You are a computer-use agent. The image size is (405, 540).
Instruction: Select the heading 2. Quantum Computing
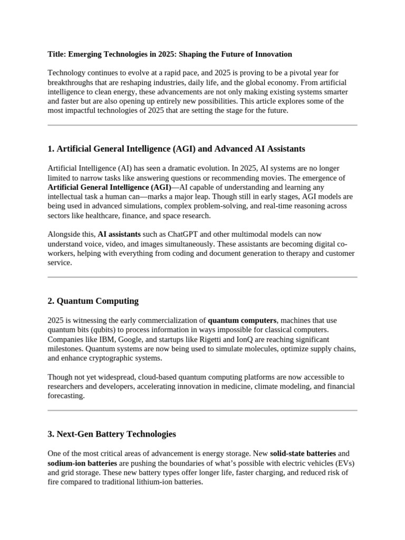tap(93, 301)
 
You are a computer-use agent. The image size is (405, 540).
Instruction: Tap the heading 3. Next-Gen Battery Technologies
tap(111, 434)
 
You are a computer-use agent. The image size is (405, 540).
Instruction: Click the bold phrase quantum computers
tap(242, 320)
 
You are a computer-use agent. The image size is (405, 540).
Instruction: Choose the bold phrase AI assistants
tap(119, 234)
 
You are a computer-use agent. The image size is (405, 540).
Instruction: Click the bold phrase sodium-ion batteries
tap(79, 463)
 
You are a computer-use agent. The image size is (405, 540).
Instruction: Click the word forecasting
tap(65, 396)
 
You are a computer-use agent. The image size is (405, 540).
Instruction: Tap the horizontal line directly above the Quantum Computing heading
tap(202, 277)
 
